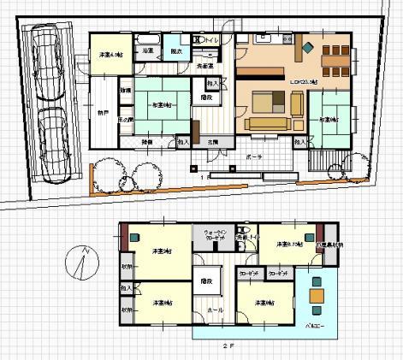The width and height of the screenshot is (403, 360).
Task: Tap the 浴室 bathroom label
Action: pos(148,51)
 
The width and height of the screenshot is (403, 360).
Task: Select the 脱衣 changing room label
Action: pos(176,51)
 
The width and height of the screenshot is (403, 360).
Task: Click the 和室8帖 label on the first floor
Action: pos(162,104)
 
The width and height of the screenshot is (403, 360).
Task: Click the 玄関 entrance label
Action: pos(210,142)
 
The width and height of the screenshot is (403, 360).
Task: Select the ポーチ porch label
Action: pos(253,158)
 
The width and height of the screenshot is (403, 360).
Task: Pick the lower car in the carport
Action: pos(53,141)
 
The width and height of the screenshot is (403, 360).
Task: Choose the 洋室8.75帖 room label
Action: pos(287,245)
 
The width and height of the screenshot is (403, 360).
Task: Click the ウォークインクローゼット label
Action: pos(212,235)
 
